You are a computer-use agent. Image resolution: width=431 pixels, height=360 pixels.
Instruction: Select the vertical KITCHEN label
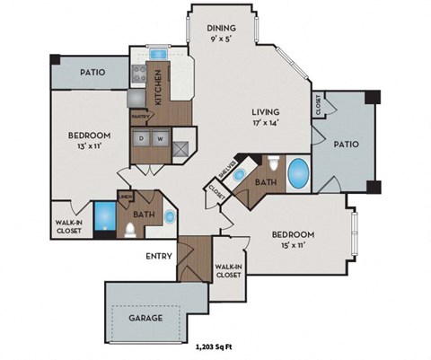[x=158, y=87]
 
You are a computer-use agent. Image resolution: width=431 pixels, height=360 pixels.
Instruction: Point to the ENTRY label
[x=159, y=255]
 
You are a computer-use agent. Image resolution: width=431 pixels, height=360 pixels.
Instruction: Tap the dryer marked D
[x=141, y=139]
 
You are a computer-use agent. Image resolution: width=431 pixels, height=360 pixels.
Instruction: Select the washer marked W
[x=160, y=139]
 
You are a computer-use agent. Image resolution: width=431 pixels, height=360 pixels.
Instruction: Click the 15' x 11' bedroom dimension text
[x=295, y=245]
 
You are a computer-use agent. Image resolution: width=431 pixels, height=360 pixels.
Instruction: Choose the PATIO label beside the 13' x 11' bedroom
[x=93, y=73]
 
